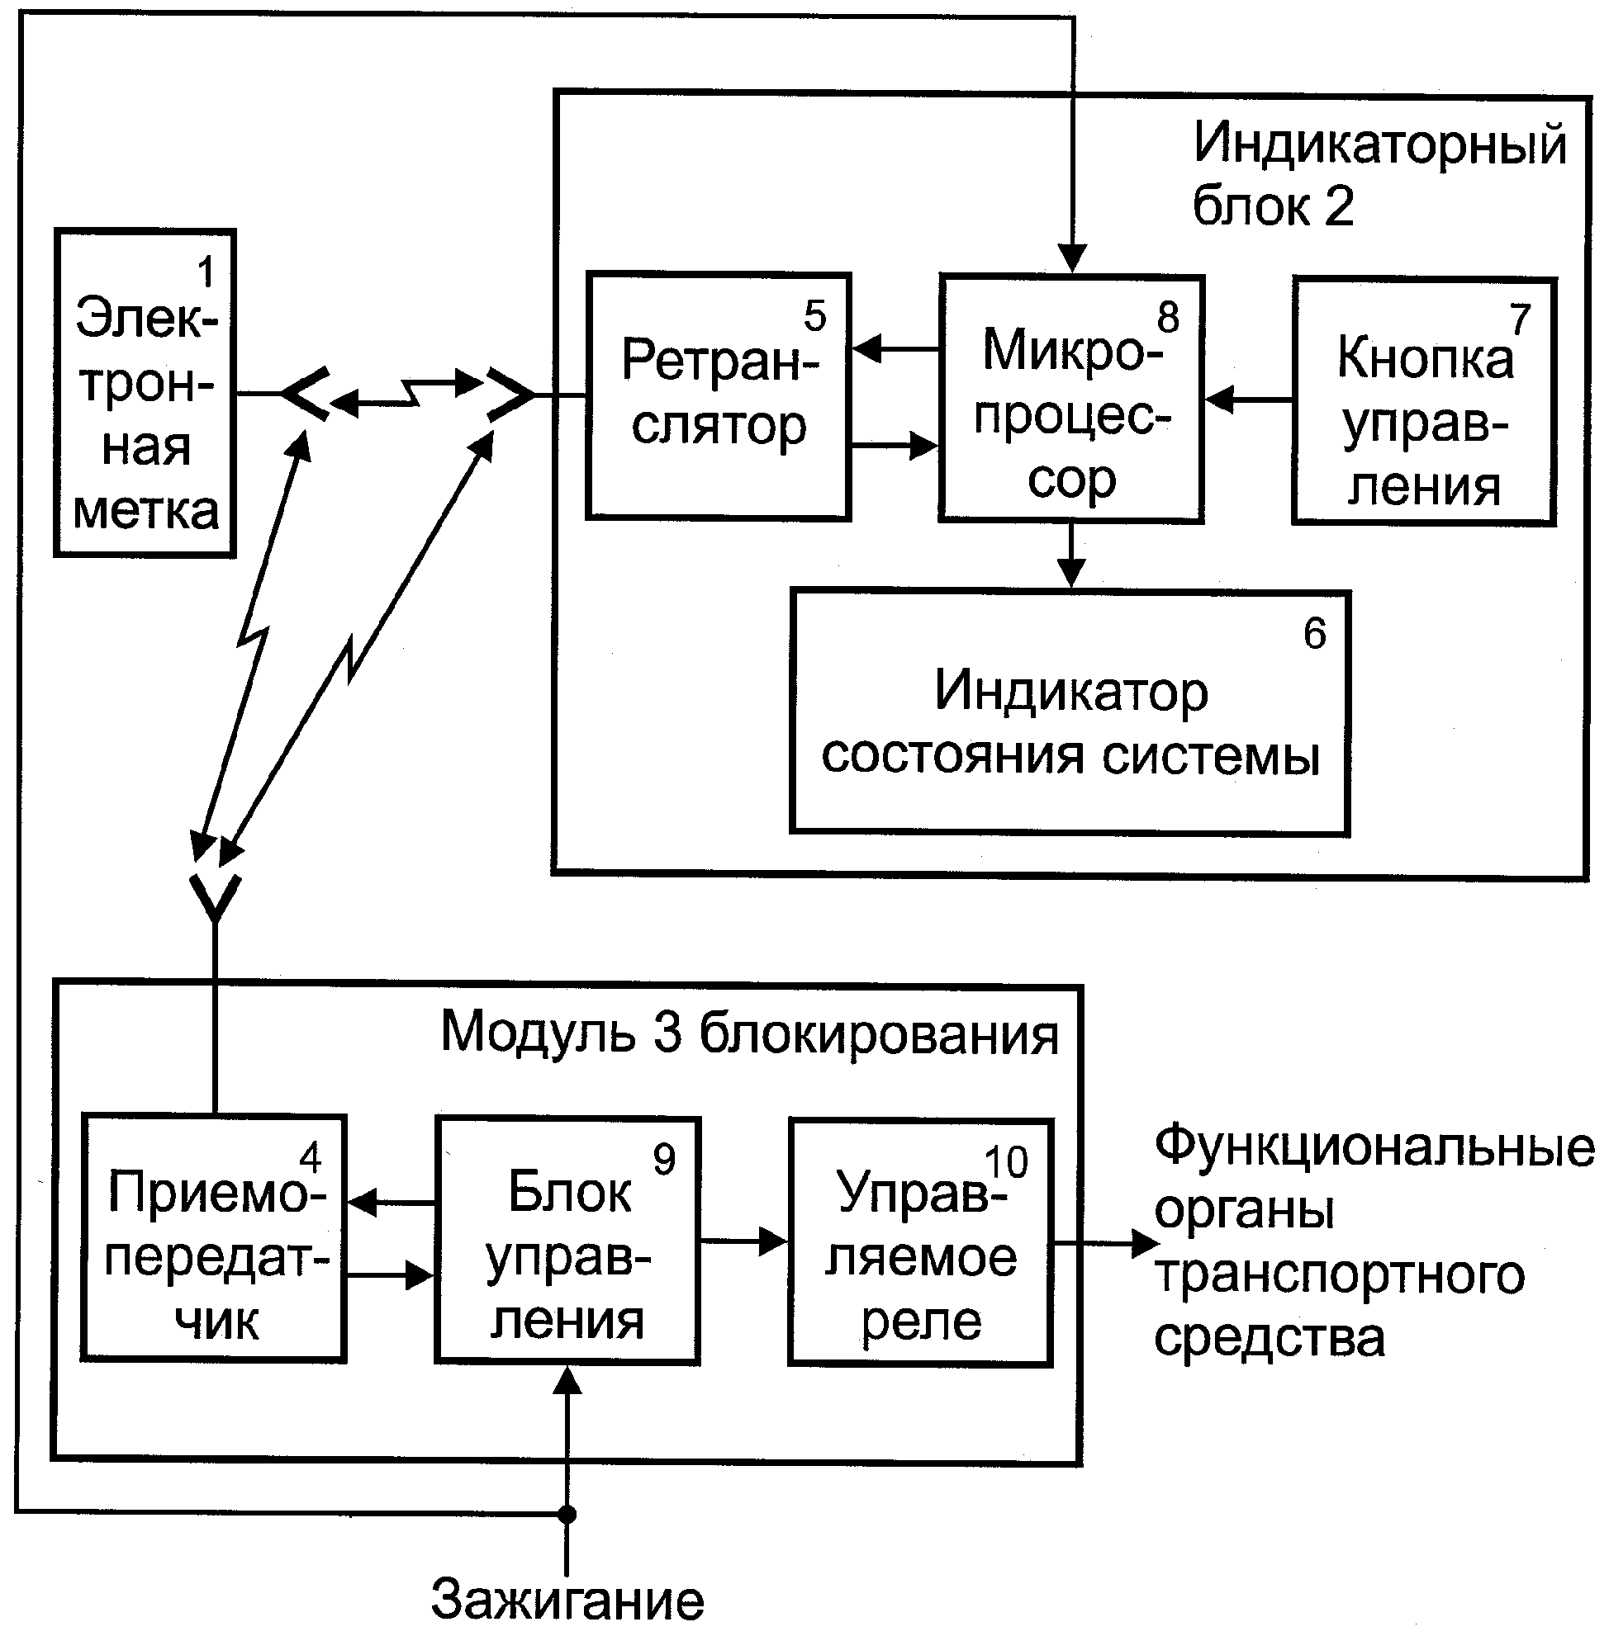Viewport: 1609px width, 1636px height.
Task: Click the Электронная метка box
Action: coord(145,393)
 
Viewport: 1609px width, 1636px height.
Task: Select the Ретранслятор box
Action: coord(719,395)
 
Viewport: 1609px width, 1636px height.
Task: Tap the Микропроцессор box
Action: coord(1071,399)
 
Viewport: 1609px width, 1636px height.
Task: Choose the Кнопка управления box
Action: coord(1425,401)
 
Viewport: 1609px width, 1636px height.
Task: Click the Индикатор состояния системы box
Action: coord(1070,713)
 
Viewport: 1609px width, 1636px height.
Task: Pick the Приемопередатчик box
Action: coord(214,1238)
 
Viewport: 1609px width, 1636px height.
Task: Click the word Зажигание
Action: coord(567,1600)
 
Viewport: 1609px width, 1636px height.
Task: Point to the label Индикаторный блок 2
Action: coord(1379,173)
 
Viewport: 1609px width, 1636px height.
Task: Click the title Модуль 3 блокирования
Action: coord(749,1033)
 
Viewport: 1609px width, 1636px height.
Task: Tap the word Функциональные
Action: coord(1375,1147)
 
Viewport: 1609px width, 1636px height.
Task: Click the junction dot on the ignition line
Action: coord(567,1515)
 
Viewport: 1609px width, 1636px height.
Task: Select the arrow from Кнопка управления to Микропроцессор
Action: coord(1248,400)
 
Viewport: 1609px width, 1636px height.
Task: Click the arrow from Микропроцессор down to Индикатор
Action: coord(1070,556)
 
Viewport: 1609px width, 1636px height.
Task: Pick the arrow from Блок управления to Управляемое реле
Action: coord(743,1241)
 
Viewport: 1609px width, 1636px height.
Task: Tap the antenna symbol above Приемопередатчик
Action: coord(216,900)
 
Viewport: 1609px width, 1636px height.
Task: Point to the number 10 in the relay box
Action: coord(1007,1162)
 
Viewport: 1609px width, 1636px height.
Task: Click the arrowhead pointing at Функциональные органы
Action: coord(1146,1241)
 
